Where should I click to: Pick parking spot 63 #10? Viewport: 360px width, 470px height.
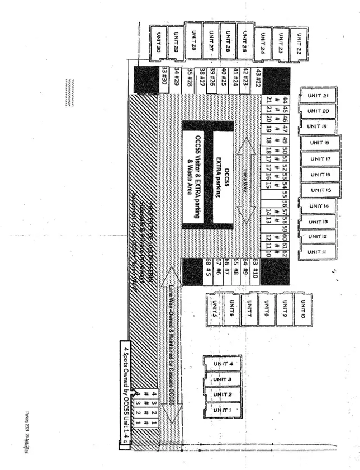coord(256,263)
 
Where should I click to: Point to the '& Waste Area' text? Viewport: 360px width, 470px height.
coord(188,174)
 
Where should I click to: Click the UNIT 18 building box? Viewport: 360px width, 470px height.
coord(318,143)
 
